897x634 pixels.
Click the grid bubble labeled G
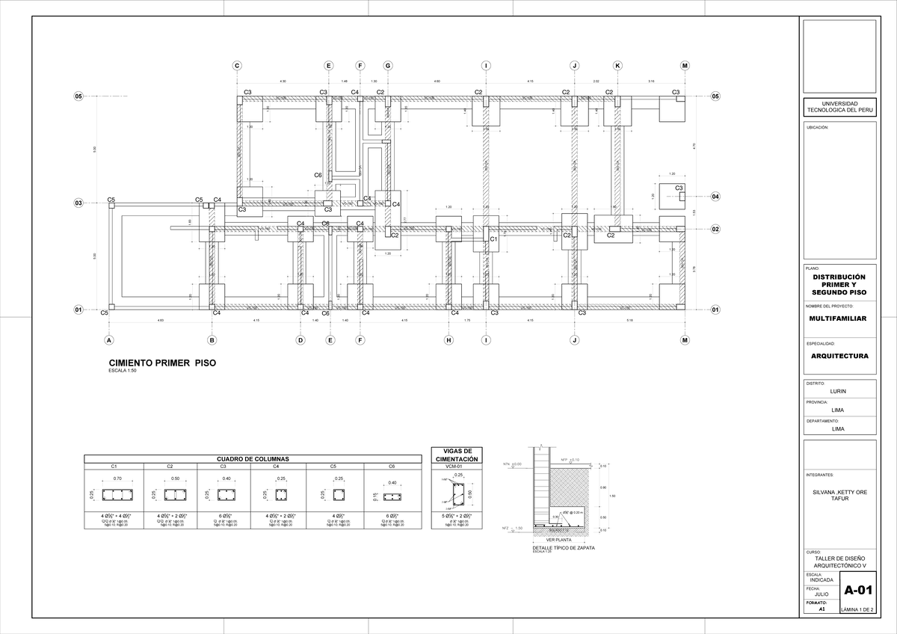(388, 66)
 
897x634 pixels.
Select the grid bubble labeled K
(617, 66)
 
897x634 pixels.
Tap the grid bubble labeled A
(108, 340)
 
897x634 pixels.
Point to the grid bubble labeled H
(449, 340)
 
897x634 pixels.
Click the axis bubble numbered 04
(715, 196)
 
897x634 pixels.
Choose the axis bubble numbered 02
(715, 229)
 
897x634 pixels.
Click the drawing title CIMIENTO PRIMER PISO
(162, 363)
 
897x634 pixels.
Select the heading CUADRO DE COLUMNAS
(253, 458)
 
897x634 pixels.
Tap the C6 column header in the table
(392, 466)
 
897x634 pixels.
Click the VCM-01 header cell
(455, 466)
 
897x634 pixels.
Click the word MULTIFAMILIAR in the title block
(837, 318)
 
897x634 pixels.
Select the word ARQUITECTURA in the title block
(839, 356)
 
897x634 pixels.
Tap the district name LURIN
(838, 391)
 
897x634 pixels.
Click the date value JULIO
(821, 594)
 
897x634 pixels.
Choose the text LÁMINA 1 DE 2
(857, 609)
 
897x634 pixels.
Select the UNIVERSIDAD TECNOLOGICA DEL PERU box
(838, 107)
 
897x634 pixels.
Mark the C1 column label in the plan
(493, 238)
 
